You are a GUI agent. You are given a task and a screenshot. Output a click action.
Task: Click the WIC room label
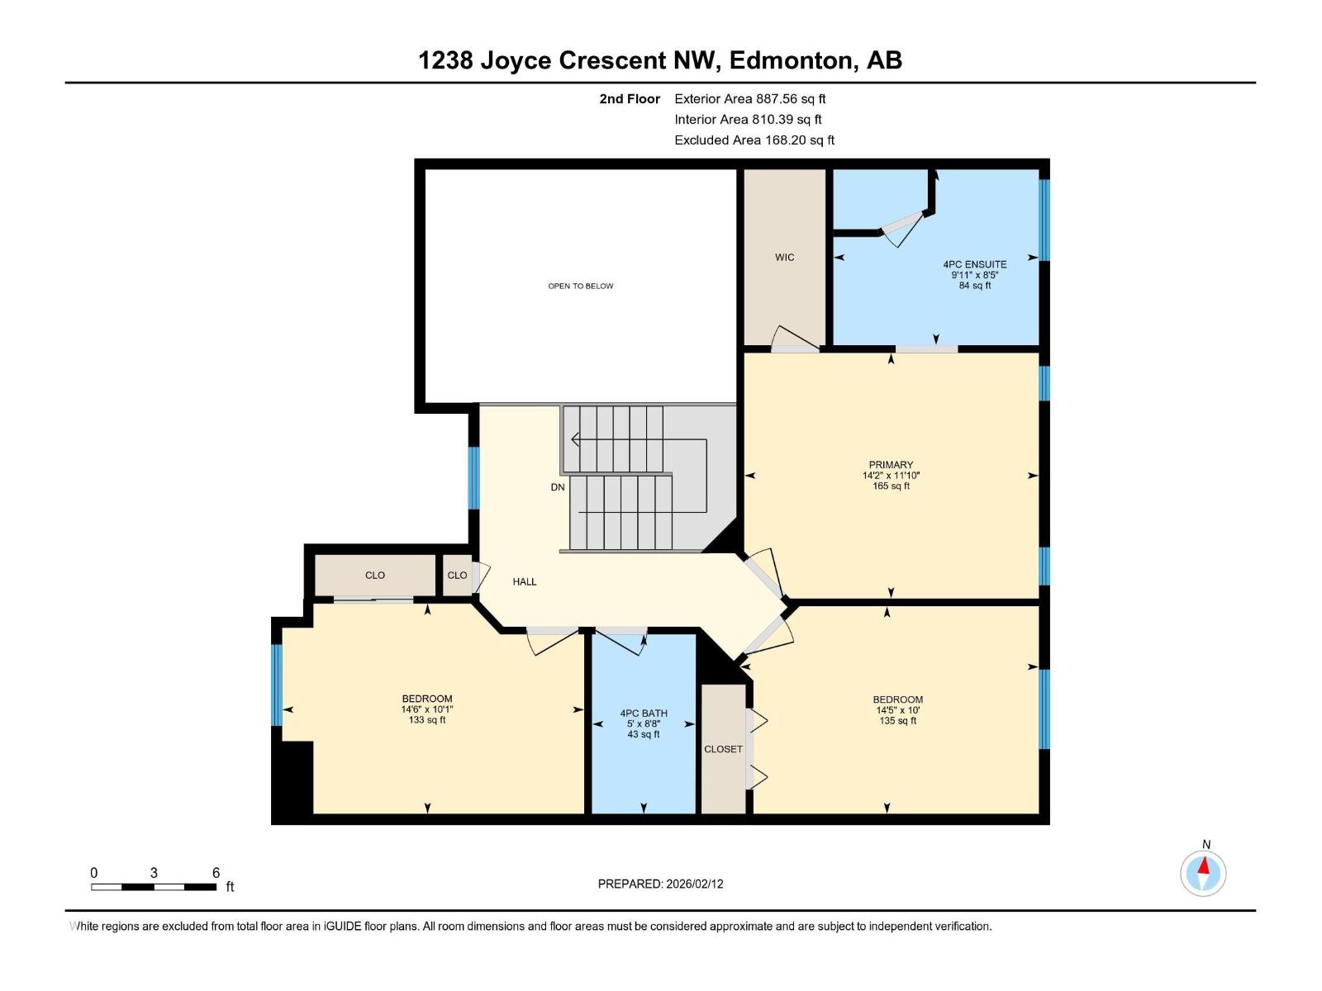pos(784,258)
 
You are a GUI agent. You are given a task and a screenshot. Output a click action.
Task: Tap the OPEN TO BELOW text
pos(581,286)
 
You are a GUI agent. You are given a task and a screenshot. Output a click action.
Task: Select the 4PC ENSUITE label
pos(974,264)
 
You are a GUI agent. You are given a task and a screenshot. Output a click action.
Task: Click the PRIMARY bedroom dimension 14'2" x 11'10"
pos(891,476)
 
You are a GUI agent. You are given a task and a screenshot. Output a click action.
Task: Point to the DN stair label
pos(558,487)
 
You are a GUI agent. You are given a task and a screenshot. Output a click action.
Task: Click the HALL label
pos(525,581)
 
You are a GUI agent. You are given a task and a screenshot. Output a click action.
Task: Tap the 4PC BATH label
pos(644,714)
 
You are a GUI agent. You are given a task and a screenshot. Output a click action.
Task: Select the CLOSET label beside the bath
pos(723,749)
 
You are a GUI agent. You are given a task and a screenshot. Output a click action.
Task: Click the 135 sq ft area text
pos(897,721)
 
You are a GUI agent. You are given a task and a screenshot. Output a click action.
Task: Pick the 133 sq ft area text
pos(427,720)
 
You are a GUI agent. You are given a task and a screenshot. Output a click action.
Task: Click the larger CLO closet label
pos(375,576)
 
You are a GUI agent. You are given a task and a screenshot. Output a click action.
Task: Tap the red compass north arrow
pos(1205,867)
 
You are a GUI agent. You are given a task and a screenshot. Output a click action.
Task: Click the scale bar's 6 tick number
pos(216,873)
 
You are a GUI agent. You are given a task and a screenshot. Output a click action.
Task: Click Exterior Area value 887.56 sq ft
pos(791,99)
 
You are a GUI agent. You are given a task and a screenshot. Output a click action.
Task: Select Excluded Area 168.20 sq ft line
pos(754,140)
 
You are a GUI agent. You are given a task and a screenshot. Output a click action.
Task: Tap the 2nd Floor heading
pos(630,99)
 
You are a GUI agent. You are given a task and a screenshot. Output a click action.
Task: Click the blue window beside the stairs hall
pos(473,478)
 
